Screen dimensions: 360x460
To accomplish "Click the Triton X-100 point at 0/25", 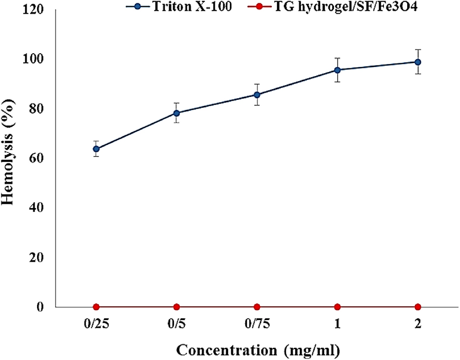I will [96, 149].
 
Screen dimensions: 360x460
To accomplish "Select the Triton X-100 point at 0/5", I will [176, 113].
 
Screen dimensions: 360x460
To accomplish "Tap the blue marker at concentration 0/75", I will [257, 95].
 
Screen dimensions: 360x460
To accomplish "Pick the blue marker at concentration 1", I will [337, 70].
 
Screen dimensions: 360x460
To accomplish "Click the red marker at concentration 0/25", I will [96, 307].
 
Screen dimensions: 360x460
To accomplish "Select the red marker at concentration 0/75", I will [257, 307].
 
